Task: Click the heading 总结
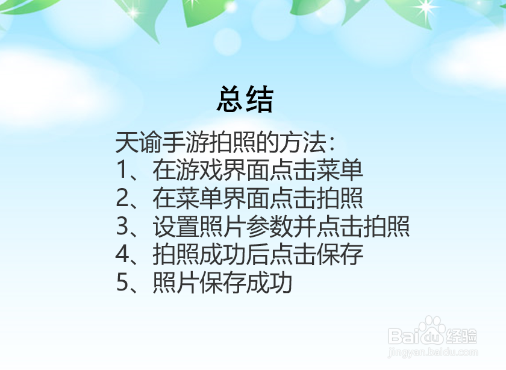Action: pyautogui.click(x=245, y=99)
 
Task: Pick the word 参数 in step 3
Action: pyautogui.click(x=266, y=227)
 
